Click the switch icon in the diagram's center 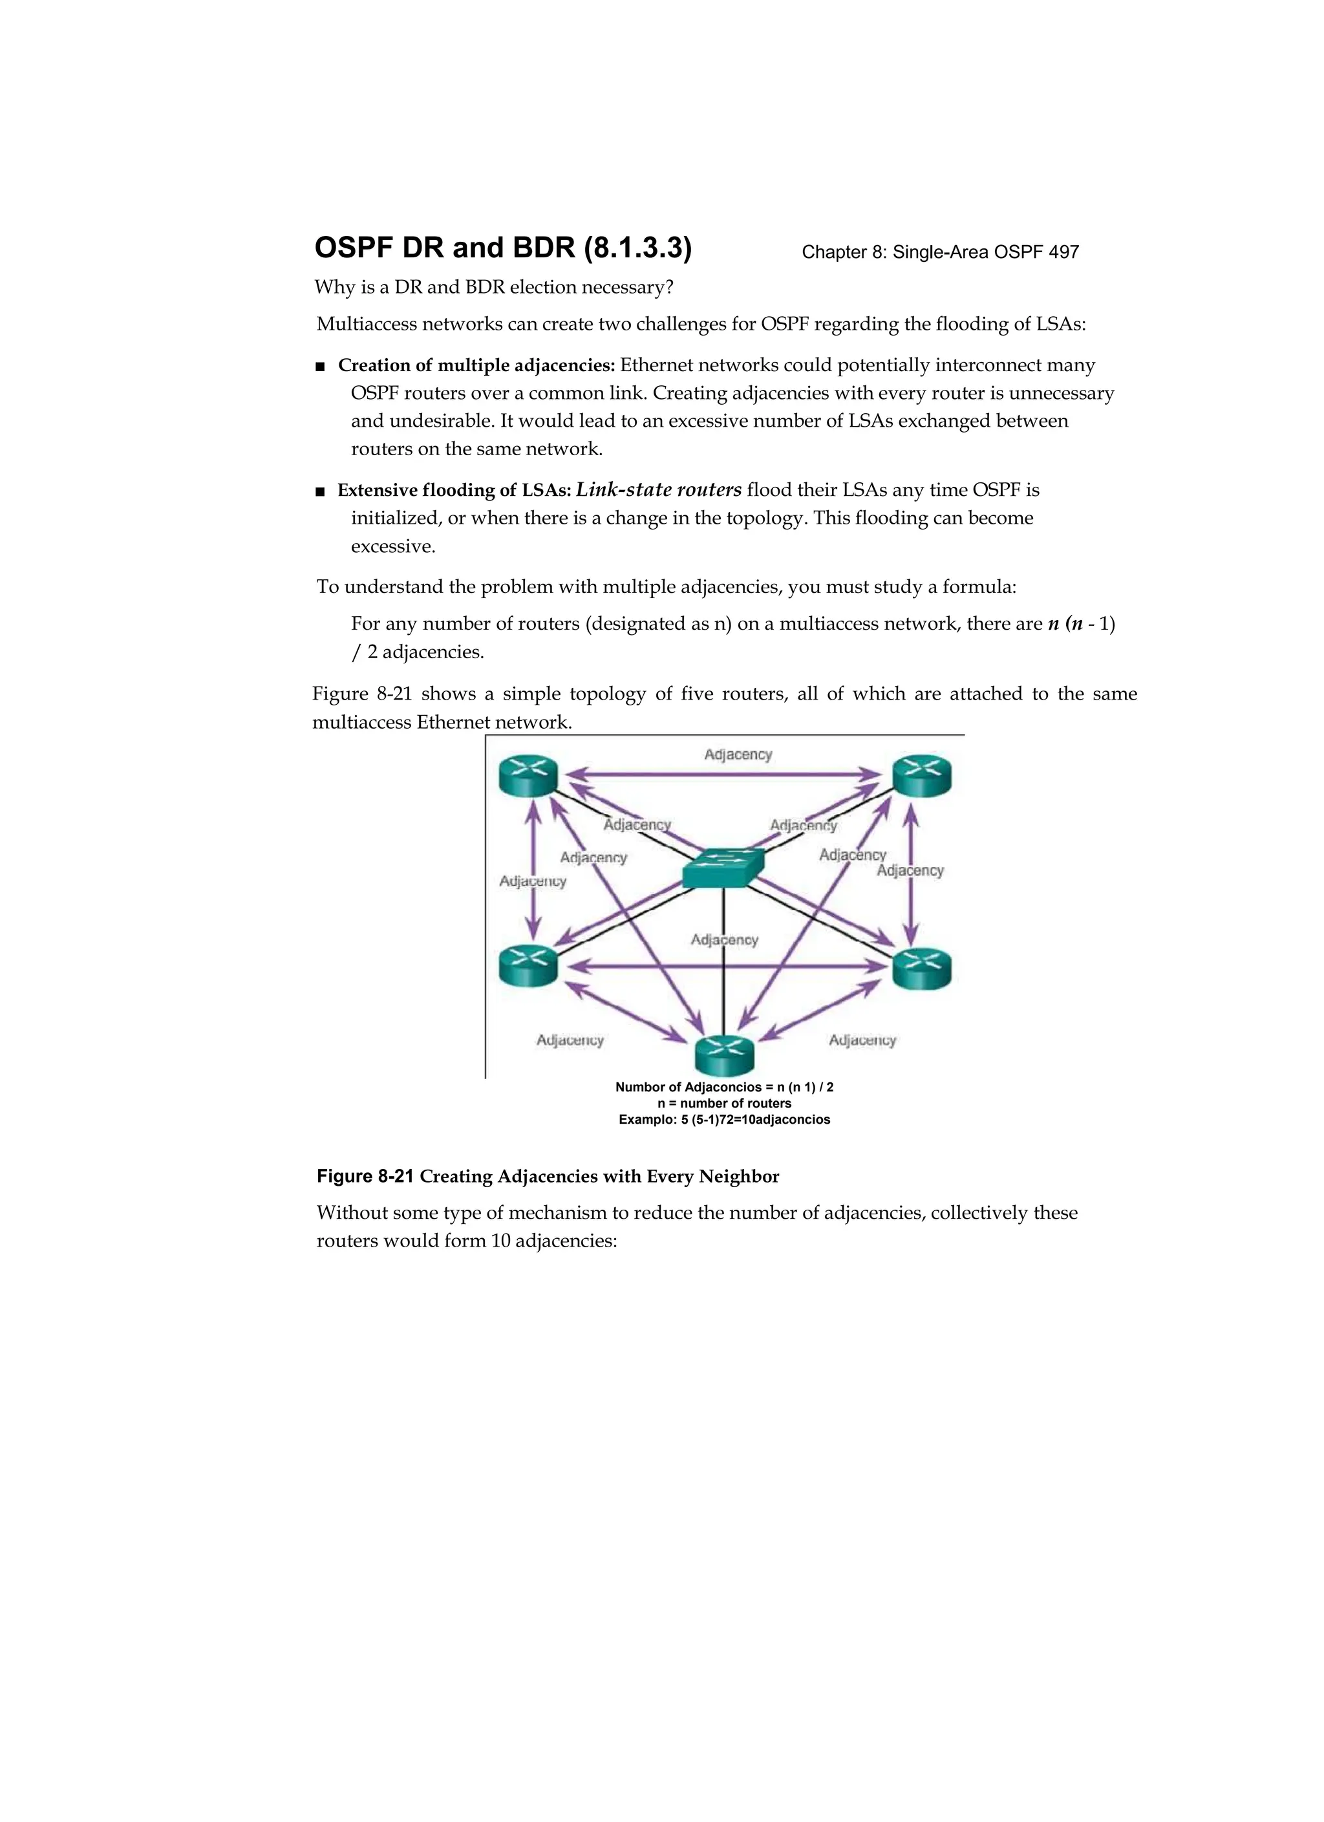click(x=723, y=868)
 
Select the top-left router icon click(x=528, y=776)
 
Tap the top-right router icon click(x=923, y=776)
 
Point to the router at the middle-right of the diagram click(x=923, y=968)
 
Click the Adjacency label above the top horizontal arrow click(x=738, y=755)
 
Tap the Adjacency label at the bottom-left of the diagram click(x=570, y=1040)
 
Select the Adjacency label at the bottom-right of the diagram click(x=862, y=1040)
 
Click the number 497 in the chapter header click(x=1063, y=252)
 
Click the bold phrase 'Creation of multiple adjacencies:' click(x=476, y=365)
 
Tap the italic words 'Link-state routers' click(x=659, y=490)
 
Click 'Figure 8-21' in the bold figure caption click(x=365, y=1176)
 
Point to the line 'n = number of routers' click(x=724, y=1104)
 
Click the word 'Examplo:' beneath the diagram click(x=648, y=1120)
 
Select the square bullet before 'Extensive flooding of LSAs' click(x=321, y=491)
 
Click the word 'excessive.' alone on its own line click(x=393, y=546)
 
